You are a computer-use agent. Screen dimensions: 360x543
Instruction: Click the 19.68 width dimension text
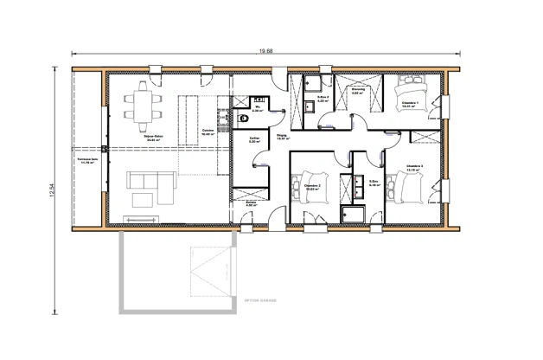pos(275,50)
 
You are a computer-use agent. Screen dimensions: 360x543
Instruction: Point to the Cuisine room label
pos(208,132)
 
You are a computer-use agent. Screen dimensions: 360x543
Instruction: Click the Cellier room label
pos(255,140)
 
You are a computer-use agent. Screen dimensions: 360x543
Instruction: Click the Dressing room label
pos(358,90)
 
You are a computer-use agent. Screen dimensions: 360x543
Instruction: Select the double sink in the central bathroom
pos(354,186)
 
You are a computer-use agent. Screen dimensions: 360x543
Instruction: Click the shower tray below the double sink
pos(355,214)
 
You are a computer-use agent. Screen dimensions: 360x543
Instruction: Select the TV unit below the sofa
pos(142,205)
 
